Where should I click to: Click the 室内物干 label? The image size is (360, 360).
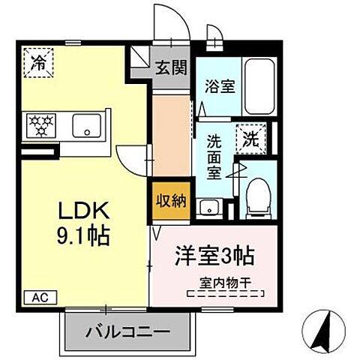coord(226,283)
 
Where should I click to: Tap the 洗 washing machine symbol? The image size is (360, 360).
coord(250,138)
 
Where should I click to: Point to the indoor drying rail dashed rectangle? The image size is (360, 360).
coord(226,294)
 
